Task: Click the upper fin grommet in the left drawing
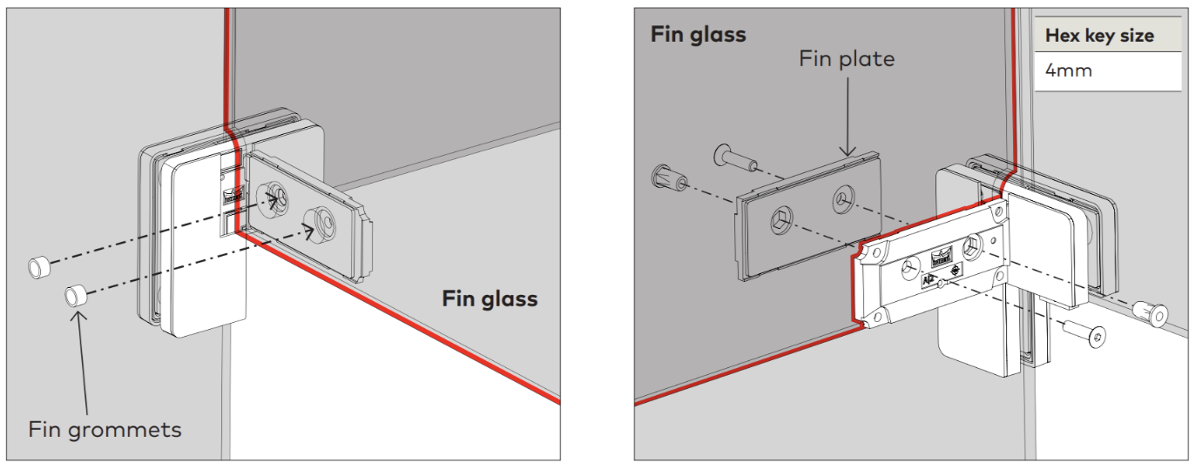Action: click(x=39, y=266)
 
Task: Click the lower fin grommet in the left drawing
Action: click(x=77, y=295)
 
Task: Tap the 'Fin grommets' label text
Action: click(x=105, y=430)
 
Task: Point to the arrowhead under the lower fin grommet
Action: click(x=78, y=316)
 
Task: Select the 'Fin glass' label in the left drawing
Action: click(x=489, y=299)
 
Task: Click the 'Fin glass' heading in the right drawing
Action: click(x=698, y=35)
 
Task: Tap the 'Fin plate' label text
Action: click(x=847, y=58)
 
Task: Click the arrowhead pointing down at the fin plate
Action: click(x=847, y=150)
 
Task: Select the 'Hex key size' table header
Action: click(x=1099, y=36)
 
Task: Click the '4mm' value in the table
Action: click(x=1069, y=70)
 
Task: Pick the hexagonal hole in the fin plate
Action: click(x=781, y=220)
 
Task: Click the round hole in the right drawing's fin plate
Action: click(x=843, y=199)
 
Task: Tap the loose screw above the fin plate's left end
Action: click(x=735, y=157)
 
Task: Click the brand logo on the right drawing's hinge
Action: click(x=941, y=258)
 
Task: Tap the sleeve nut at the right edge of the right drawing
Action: click(x=1151, y=313)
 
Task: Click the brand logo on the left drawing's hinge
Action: click(x=233, y=196)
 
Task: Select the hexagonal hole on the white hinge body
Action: click(x=973, y=247)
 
